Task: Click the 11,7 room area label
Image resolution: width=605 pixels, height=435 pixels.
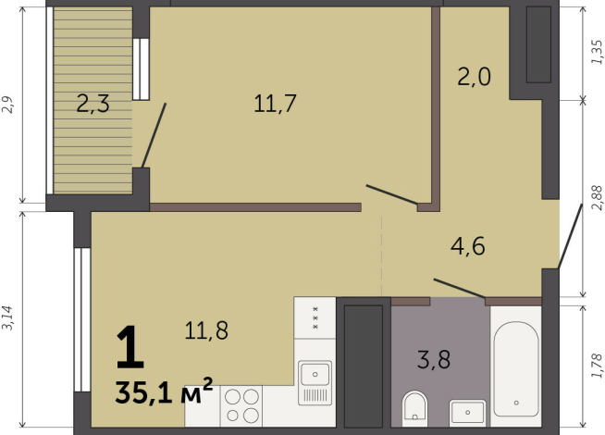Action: (275, 104)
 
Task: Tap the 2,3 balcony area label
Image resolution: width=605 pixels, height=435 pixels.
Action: (93, 104)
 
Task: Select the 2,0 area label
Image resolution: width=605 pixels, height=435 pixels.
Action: (475, 77)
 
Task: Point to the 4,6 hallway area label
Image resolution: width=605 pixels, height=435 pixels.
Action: (468, 246)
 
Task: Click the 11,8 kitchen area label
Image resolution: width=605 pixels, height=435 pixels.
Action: (206, 330)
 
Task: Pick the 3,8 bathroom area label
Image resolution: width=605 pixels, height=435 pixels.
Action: (434, 360)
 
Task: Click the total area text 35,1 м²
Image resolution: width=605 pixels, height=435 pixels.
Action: (164, 391)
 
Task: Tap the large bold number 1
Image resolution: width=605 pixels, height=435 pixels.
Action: (130, 347)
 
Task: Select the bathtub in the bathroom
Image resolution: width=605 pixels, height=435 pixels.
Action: (516, 369)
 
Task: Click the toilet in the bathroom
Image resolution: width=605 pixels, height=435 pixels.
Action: (414, 409)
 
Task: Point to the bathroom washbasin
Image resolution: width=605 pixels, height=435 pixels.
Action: (467, 412)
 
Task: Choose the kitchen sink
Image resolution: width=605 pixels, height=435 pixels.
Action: (315, 382)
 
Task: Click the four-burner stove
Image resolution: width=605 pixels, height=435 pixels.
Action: (241, 405)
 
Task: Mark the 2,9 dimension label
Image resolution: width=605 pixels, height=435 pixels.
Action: (8, 105)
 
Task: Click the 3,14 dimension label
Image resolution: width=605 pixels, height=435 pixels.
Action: (8, 318)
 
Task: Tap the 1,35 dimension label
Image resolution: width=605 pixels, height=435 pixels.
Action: (597, 52)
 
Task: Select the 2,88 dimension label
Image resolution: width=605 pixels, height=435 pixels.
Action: (597, 198)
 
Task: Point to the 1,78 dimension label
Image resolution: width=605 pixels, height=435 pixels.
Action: (597, 366)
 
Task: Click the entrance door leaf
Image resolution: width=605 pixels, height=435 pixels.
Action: (570, 236)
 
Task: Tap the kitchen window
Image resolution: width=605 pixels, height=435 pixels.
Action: (82, 319)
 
